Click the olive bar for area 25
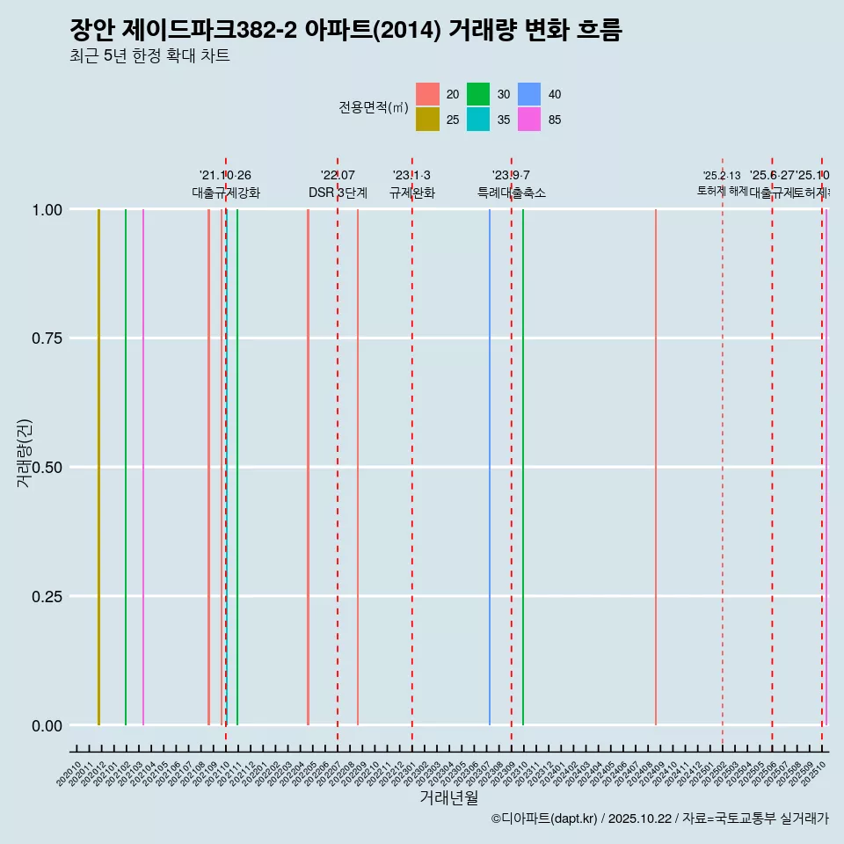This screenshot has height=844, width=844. (98, 466)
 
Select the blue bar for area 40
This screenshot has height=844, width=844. (490, 466)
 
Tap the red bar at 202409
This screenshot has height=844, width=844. (656, 466)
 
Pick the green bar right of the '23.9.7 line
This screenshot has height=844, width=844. (523, 466)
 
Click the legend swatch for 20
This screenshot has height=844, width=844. (427, 94)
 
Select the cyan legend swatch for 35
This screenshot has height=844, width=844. (478, 120)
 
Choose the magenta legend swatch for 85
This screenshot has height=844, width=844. (529, 120)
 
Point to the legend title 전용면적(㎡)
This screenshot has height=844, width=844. (374, 107)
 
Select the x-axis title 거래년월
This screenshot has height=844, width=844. (448, 797)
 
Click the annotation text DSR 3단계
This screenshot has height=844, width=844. (338, 193)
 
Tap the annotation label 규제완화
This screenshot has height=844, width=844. (412, 193)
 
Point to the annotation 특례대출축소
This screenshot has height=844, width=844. (512, 193)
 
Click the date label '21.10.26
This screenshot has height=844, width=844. (225, 176)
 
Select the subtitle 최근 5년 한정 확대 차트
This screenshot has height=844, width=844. (149, 56)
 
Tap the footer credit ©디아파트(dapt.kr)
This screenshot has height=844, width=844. (544, 819)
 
